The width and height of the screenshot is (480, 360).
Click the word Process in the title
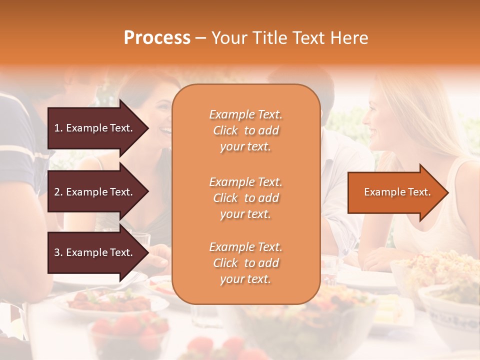(x=157, y=38)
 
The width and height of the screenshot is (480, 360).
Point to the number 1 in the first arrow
(x=57, y=128)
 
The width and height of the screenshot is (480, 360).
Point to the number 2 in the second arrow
(x=57, y=192)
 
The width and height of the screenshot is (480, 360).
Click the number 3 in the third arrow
(x=57, y=252)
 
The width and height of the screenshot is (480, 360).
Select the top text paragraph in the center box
(x=245, y=130)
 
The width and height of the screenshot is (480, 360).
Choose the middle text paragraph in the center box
(x=245, y=198)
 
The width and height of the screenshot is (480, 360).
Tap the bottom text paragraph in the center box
(x=245, y=263)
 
